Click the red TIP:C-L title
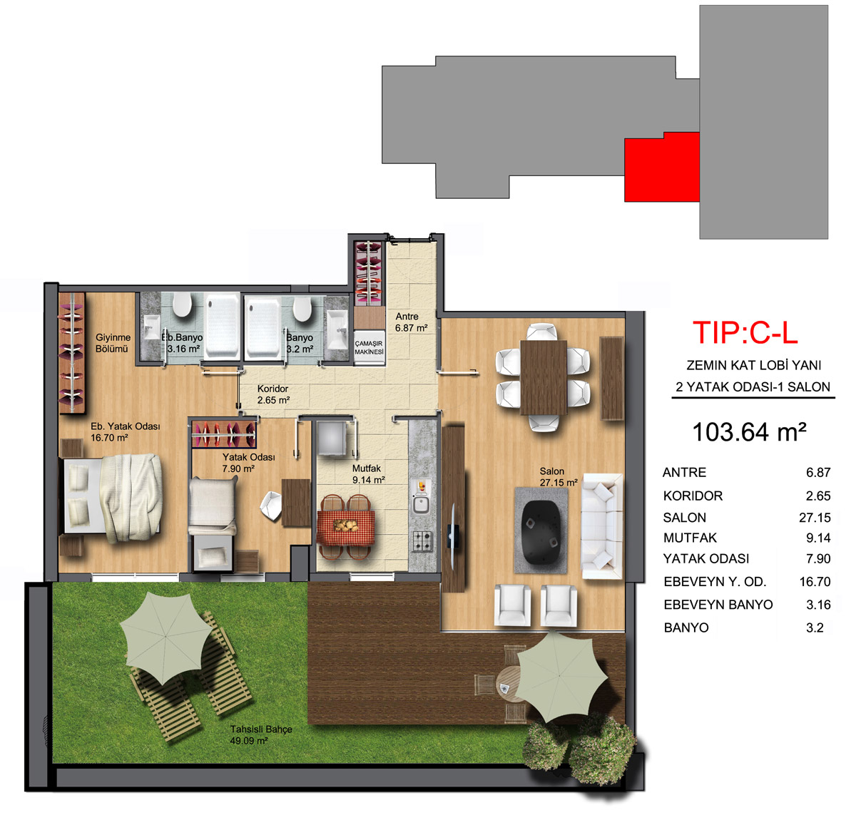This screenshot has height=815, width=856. coord(745,333)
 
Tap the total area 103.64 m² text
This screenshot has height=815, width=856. coord(749,432)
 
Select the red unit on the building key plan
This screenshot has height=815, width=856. coord(661,167)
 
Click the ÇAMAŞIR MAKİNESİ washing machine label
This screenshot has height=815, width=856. coord(369,347)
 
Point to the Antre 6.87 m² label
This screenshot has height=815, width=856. coord(411,322)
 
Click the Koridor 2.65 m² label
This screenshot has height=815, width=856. coord(273,394)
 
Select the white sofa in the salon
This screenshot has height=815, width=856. coord(602,526)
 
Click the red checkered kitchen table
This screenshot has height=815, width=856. coord(346,527)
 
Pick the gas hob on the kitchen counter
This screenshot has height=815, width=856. coord(422,540)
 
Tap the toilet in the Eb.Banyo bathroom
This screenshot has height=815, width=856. coord(182,304)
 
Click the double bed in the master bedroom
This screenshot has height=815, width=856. coord(112,497)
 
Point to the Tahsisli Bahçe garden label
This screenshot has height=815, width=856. coord(261,735)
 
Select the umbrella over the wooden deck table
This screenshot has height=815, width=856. coord(561,677)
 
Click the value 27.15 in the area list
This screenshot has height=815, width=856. coord(815,517)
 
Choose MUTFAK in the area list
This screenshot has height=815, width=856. coord(690,538)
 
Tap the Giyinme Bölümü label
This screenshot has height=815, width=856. coord(113,343)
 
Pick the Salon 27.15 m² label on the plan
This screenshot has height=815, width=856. coord(559,477)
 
